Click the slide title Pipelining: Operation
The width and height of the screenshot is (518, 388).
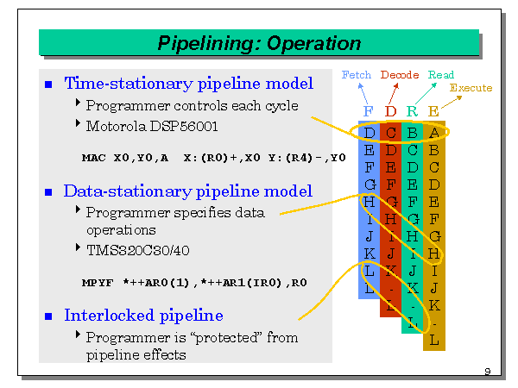click(259, 43)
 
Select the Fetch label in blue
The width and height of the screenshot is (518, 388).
click(357, 75)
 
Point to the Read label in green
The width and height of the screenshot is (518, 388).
click(441, 75)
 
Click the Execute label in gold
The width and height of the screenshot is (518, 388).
click(471, 88)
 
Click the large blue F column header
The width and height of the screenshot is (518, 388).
click(369, 110)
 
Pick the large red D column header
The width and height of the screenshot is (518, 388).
click(390, 110)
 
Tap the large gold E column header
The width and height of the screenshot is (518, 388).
click(433, 110)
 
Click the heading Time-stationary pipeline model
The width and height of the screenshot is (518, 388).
click(188, 84)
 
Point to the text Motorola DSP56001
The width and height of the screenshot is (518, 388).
click(152, 126)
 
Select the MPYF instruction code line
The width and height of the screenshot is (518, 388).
click(193, 282)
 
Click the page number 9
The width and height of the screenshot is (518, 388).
click(487, 372)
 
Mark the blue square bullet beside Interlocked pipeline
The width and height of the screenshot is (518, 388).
click(48, 316)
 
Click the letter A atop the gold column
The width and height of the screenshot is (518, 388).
click(433, 133)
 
